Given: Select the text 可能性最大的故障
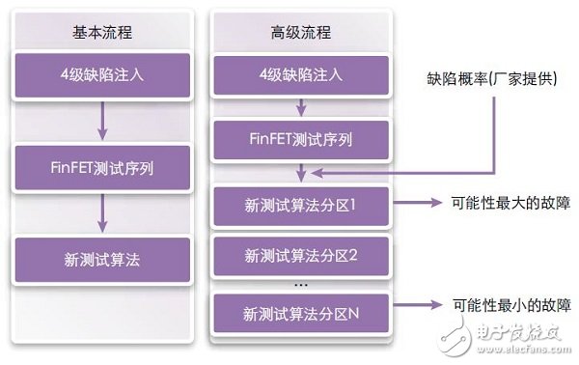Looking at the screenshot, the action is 499,204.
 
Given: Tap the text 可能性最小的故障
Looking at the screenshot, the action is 499,304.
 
